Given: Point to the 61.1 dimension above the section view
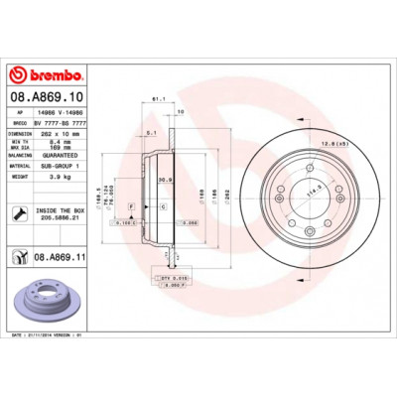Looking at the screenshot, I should [157, 99].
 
